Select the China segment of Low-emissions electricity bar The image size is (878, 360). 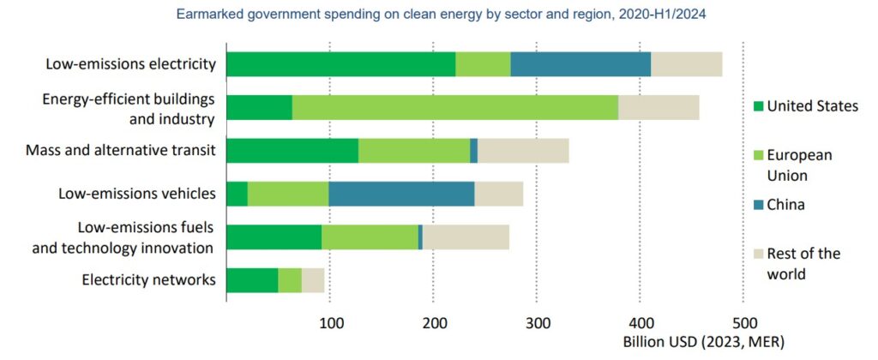click(x=580, y=64)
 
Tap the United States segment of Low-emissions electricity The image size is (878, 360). click(x=340, y=64)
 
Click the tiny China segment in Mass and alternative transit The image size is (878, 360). click(x=473, y=150)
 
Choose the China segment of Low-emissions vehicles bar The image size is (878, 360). click(x=401, y=194)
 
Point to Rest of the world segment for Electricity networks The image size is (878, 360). click(x=313, y=280)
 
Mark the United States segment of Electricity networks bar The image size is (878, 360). click(x=252, y=280)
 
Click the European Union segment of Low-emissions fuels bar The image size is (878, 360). click(x=370, y=237)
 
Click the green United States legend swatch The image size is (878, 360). click(x=756, y=105)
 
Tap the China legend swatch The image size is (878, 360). click(x=756, y=205)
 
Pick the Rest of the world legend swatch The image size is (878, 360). click(x=756, y=254)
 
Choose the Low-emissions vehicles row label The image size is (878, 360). click(x=136, y=194)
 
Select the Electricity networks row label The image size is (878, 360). click(x=148, y=280)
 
